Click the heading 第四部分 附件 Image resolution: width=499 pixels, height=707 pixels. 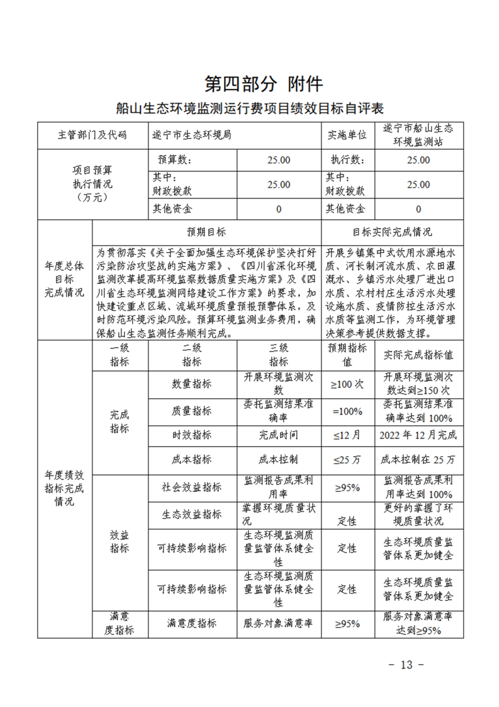(264, 83)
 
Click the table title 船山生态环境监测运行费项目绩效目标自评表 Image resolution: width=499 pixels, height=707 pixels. (250, 108)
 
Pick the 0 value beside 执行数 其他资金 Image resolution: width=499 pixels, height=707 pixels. (418, 209)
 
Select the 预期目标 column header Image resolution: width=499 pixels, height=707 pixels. (206, 232)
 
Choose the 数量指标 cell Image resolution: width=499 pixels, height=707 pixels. (191, 384)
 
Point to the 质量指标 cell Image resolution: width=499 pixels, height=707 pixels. (191, 411)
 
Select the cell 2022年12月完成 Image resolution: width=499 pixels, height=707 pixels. (418, 435)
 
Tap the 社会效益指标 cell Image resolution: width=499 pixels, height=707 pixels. (191, 487)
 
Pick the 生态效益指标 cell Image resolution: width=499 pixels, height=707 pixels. (191, 514)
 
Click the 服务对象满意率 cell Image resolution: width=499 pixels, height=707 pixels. (278, 623)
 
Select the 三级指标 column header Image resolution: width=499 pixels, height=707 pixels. (278, 355)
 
